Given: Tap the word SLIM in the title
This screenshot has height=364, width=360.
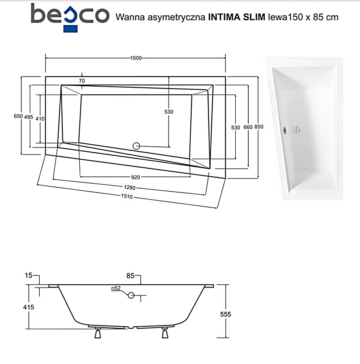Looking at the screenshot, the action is click(254, 17).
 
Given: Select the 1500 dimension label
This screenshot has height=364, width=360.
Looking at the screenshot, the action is click(136, 58).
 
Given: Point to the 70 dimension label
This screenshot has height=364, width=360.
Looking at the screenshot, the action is click(82, 81).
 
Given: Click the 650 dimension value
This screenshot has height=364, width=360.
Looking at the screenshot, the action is click(18, 116).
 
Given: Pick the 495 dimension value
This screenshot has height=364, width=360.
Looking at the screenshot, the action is click(28, 117).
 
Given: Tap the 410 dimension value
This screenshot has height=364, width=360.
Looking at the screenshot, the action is click(40, 119).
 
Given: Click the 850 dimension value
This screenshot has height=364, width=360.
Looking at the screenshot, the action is click(259, 127).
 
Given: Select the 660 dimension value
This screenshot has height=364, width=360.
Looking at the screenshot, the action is click(248, 127).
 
